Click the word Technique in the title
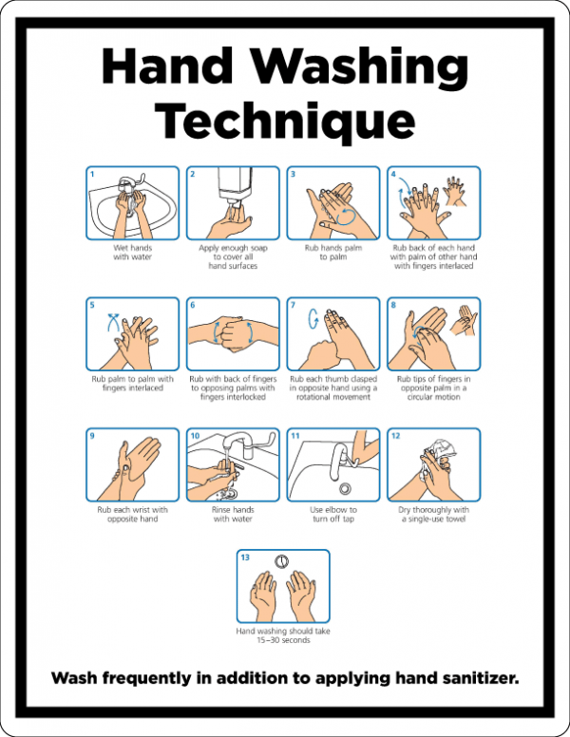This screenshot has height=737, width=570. click(285, 122)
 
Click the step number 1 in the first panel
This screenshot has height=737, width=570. click(92, 174)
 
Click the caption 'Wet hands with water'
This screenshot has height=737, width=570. click(132, 253)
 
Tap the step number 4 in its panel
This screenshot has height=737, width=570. click(392, 174)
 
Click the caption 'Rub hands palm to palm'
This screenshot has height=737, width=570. click(332, 253)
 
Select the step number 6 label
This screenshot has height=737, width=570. click(193, 305)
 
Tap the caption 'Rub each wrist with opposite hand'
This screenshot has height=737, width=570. click(132, 515)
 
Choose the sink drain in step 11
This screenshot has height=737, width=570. click(346, 488)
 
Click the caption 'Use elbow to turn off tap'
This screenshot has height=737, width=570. click(332, 515)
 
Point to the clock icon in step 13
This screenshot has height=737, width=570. click(282, 560)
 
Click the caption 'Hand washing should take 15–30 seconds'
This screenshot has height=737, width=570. click(282, 635)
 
